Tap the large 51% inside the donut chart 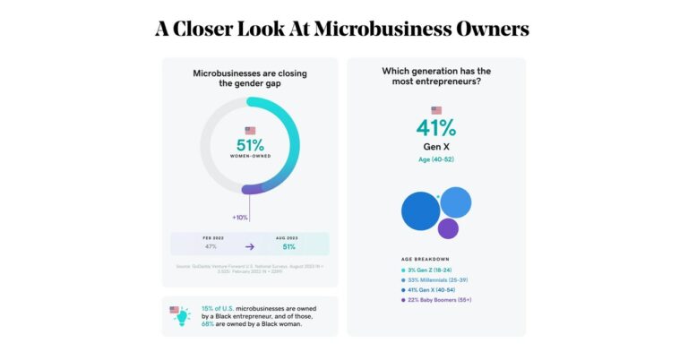[x=250, y=145]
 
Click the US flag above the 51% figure [x=250, y=131]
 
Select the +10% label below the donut [x=240, y=218]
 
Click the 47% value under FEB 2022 [x=211, y=246]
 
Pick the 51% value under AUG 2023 [x=289, y=246]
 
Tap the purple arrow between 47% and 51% [x=250, y=246]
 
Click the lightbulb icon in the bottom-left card [x=182, y=315]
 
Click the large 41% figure [x=436, y=127]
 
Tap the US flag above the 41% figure [x=436, y=110]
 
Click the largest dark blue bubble [x=420, y=211]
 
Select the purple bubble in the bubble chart [x=448, y=228]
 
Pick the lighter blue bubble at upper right [x=456, y=202]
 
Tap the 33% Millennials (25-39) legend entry [x=436, y=280]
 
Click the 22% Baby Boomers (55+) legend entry [x=439, y=301]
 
